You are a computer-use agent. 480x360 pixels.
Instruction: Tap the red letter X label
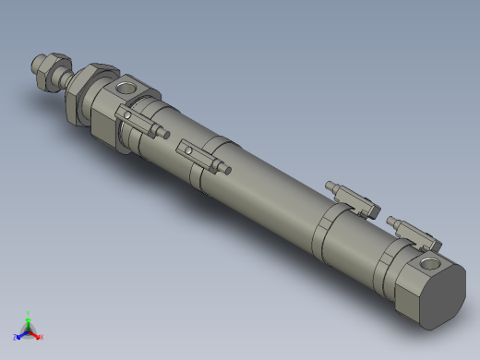coord(42,338)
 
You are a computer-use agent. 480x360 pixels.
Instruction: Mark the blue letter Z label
coord(15,338)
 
